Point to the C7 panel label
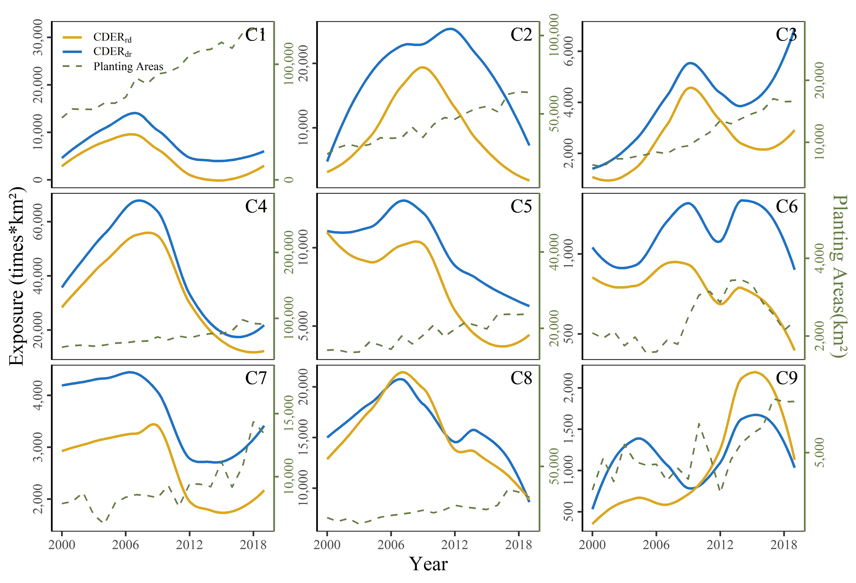coord(256,378)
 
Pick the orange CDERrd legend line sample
coord(72,37)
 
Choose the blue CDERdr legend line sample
coord(72,52)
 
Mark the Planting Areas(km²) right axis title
coord(840,276)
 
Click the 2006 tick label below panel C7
coord(126,545)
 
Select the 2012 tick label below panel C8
coord(455,545)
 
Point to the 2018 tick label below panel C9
coord(784,545)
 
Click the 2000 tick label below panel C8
coord(327,545)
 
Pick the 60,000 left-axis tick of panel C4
coord(38,222)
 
